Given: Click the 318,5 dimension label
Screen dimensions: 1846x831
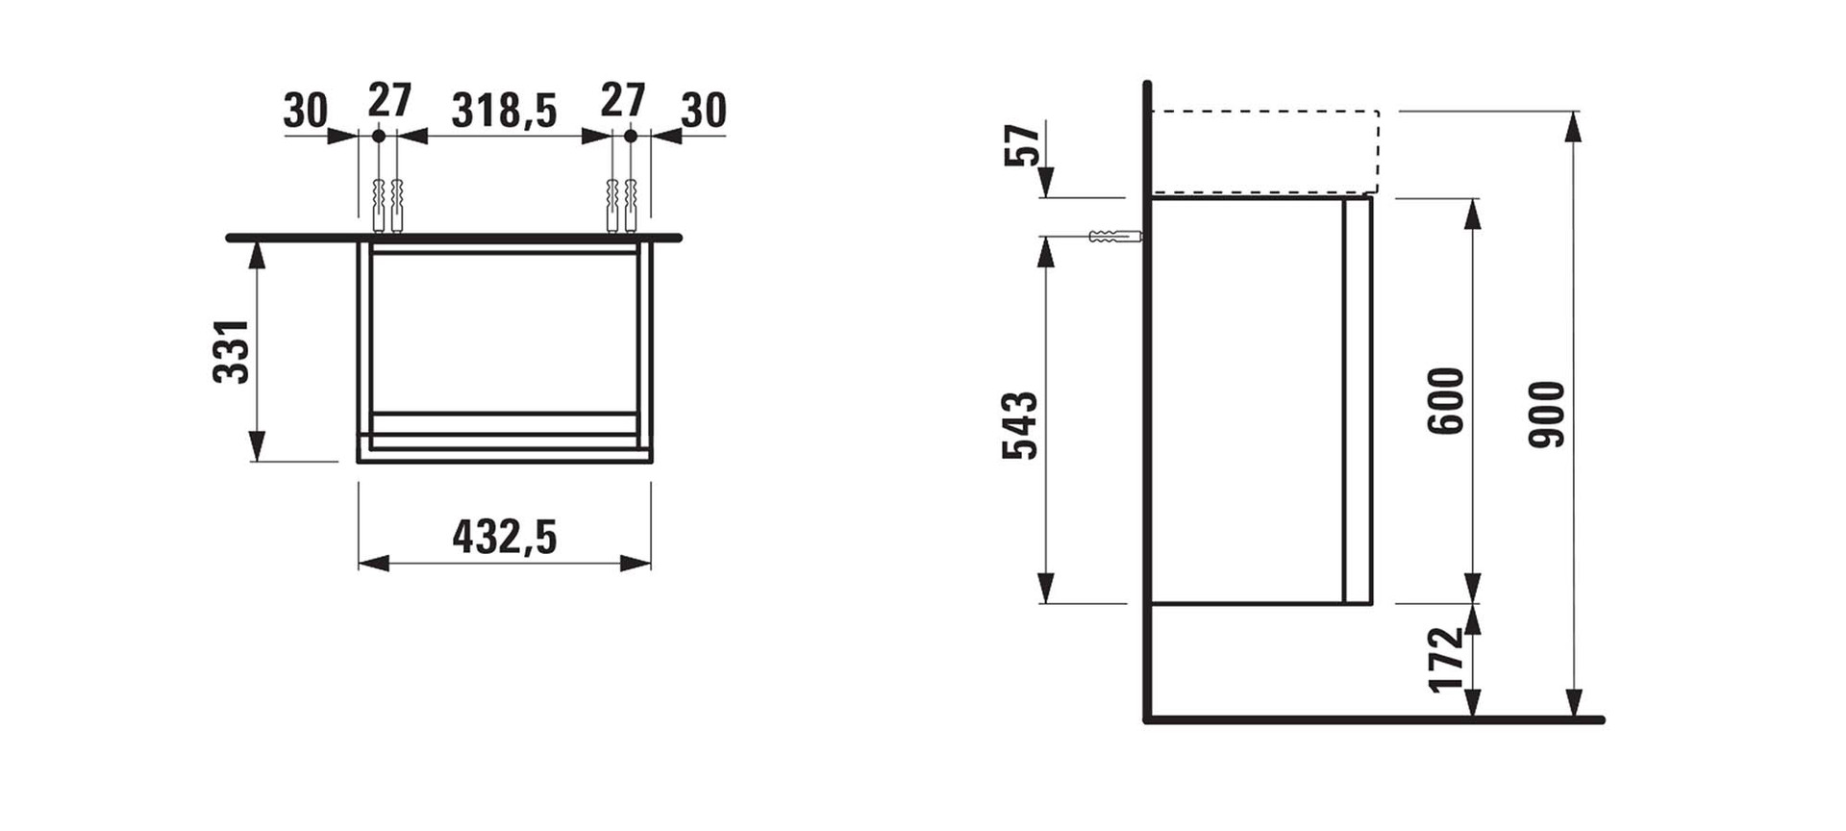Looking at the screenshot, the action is tap(505, 111).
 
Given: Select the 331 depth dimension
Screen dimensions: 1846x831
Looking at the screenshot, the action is tap(232, 351).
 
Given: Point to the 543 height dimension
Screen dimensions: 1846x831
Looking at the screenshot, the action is tap(1021, 425).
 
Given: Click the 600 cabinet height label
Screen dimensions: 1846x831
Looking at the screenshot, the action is tap(1447, 400).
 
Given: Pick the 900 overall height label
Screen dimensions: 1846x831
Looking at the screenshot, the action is tap(1549, 415).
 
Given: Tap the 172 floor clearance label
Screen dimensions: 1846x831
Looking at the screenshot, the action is tap(1446, 660).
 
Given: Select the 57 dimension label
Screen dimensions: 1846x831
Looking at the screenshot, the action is tap(1023, 145).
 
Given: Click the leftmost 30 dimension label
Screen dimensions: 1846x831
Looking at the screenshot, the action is tap(306, 111).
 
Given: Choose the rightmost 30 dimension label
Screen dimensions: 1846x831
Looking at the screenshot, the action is tap(704, 111).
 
